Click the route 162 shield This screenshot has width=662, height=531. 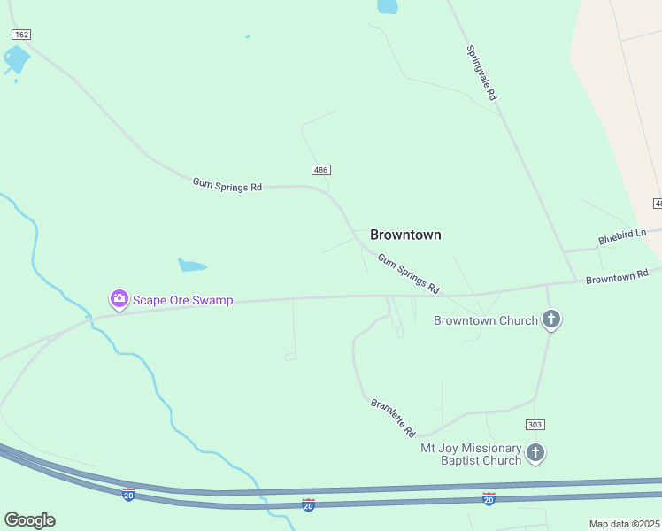21,34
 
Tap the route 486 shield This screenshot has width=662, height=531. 320,169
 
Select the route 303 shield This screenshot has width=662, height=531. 534,425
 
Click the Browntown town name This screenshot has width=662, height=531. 405,235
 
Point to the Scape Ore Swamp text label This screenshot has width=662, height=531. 183,300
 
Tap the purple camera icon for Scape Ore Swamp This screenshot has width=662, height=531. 119,299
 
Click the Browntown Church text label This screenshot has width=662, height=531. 486,320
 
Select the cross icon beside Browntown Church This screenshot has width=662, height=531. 551,319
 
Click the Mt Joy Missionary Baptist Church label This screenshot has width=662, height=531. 471,454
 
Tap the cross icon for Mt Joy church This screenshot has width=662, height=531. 535,453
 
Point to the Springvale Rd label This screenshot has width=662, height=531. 481,72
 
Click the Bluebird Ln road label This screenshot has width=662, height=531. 623,236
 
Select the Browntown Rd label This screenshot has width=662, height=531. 617,276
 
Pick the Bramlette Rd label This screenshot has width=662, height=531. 393,418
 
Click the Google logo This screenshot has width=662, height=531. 29,519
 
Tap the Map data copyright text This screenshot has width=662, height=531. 625,524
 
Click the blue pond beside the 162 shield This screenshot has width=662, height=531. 16,60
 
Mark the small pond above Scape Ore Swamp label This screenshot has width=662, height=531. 192,265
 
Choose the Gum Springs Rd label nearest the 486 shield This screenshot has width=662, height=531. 227,186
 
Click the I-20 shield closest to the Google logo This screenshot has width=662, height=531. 129,494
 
